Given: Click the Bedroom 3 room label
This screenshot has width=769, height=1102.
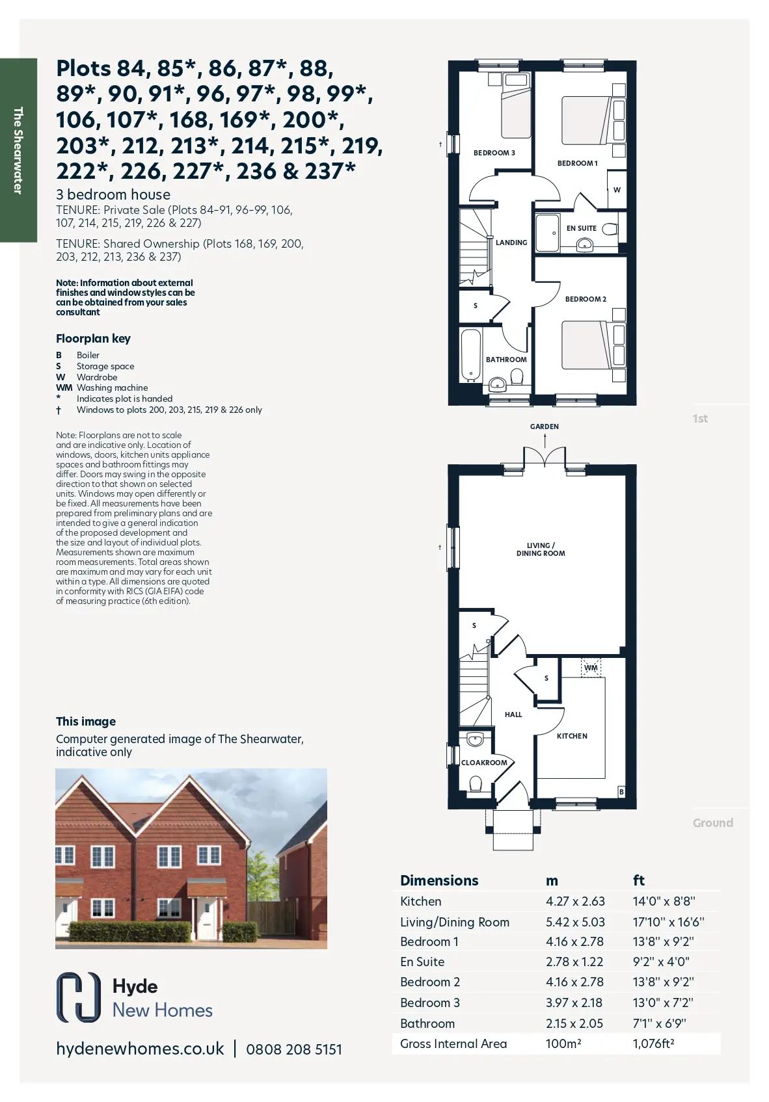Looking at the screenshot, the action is coord(494,153).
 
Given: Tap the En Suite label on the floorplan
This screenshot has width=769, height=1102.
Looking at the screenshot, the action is coord(581,228).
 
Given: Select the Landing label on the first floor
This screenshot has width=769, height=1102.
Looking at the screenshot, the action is coord(511,243).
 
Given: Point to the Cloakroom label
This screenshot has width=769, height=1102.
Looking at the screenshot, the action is coord(484,763).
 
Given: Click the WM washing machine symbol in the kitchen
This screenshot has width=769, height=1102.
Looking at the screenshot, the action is coord(591,668).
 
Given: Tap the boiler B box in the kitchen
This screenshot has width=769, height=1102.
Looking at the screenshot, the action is coord(621,792).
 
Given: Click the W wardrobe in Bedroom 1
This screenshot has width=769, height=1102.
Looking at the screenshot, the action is coord(617,189).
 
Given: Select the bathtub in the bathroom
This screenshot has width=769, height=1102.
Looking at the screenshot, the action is coord(470,355).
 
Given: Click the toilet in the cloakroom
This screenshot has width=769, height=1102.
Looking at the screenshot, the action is coord(475,783).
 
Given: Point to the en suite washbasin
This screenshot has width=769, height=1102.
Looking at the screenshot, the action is coord(584,244).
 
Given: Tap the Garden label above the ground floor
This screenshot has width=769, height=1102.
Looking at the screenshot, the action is coord(544,426).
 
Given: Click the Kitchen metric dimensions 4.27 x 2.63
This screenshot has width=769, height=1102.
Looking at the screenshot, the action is coord(575,901).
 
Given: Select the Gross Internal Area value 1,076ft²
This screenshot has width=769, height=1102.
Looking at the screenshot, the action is coord(653,1043).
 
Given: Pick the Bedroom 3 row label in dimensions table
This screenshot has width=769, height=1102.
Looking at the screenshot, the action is coord(430,1003).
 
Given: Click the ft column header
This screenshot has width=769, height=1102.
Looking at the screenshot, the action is coord(638,880).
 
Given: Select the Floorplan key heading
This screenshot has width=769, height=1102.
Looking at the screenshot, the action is coord(93,339).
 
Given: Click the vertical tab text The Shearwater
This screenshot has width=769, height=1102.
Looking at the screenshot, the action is coord(18,151).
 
